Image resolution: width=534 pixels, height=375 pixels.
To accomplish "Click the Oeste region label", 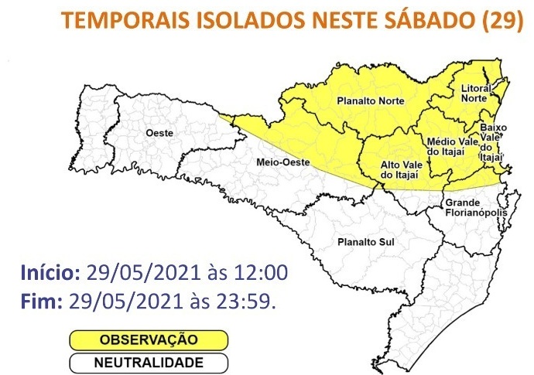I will pos(159,134).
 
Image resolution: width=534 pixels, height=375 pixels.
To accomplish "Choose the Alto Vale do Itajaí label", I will pos(400,171).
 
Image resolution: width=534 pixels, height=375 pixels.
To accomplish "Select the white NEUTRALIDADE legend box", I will pos(149,362).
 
